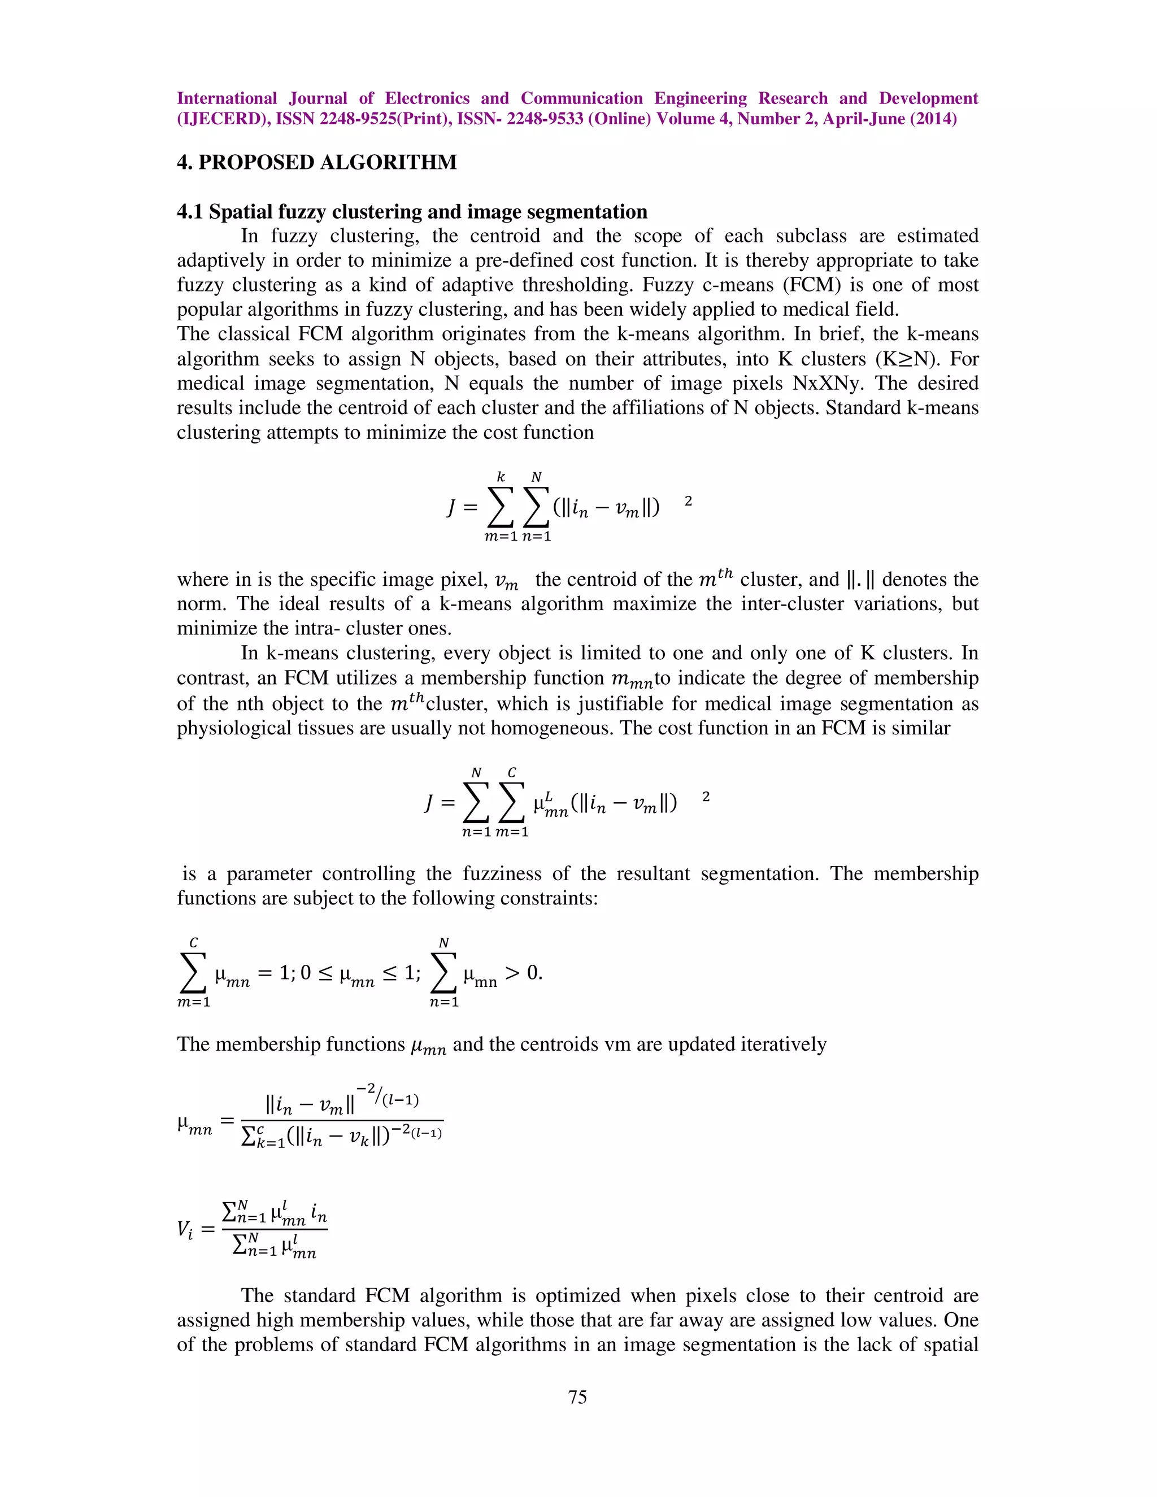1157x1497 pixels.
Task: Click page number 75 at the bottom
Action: click(x=577, y=1397)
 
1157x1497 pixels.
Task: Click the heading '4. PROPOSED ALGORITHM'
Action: click(x=317, y=163)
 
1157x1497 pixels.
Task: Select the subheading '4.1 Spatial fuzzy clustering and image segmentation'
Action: click(x=412, y=212)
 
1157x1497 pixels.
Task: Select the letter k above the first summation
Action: click(x=501, y=476)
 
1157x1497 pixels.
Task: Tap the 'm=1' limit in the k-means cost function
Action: click(x=501, y=537)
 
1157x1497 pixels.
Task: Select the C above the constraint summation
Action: click(x=193, y=943)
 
